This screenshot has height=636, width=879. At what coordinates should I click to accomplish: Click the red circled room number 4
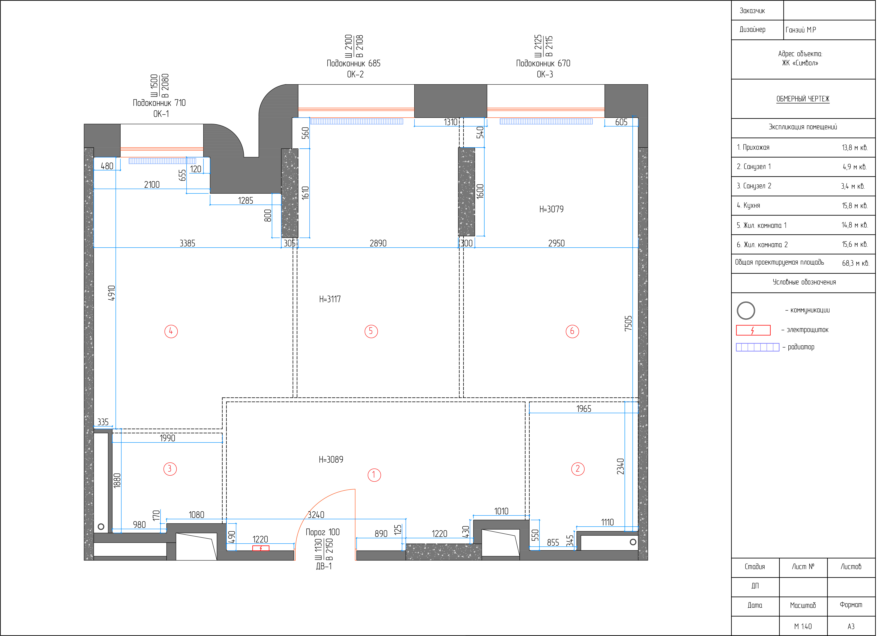click(x=171, y=331)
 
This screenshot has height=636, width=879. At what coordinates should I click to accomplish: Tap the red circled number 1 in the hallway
click(x=374, y=475)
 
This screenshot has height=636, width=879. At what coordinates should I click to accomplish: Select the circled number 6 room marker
click(x=572, y=331)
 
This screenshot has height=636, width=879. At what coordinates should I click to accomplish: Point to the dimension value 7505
click(x=628, y=323)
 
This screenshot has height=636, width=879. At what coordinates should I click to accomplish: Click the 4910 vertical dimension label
click(x=112, y=293)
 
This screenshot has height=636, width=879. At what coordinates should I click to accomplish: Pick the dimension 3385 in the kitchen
click(x=188, y=243)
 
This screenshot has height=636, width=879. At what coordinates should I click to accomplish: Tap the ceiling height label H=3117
click(x=330, y=299)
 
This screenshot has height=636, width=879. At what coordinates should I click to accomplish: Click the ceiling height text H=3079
click(x=552, y=209)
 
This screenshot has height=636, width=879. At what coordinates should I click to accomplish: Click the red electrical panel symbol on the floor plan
click(x=261, y=548)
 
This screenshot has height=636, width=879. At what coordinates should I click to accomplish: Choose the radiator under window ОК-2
click(x=357, y=121)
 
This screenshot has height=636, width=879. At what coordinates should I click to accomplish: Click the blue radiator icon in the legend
click(x=758, y=347)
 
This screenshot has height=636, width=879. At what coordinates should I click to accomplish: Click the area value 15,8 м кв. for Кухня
click(x=855, y=206)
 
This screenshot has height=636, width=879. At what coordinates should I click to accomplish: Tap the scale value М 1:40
click(x=803, y=626)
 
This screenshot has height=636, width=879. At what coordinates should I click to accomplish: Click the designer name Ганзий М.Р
click(x=801, y=30)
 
